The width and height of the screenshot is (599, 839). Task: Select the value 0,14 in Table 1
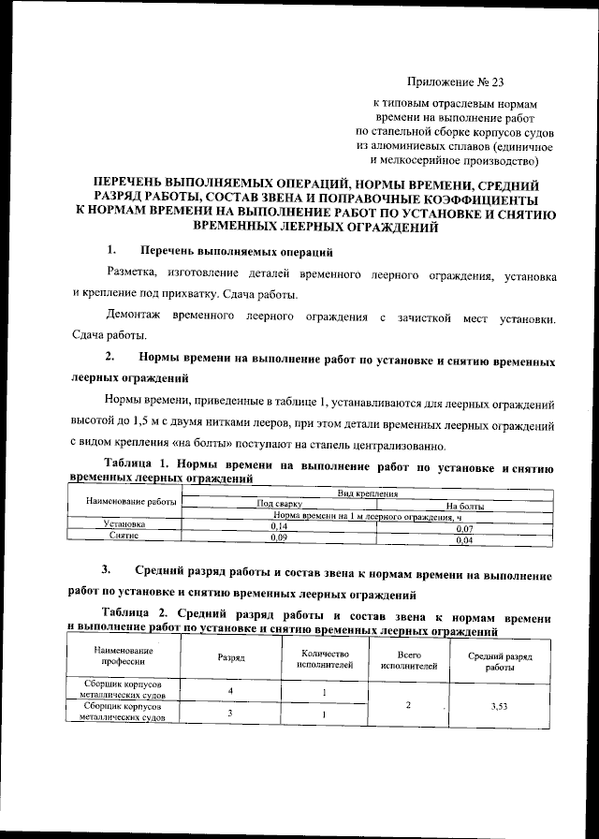pos(279,528)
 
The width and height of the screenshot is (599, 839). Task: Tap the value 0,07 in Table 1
pos(463,528)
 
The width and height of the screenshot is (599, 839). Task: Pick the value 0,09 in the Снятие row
pos(279,538)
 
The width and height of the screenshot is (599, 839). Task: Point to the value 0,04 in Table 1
pos(463,540)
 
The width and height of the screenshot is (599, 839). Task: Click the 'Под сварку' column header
pos(279,505)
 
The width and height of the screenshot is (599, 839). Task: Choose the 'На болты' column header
pos(463,506)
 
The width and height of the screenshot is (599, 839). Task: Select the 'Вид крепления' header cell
pos(369,493)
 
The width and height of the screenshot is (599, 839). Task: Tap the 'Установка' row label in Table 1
pos(124,526)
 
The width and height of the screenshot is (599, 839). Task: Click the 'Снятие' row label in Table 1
pos(124,537)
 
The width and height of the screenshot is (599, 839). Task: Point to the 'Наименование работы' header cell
pos(131,503)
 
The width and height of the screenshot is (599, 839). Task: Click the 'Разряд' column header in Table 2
pos(231,658)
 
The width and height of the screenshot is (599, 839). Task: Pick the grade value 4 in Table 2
pos(230,691)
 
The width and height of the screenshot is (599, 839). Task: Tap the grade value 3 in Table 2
pos(230,714)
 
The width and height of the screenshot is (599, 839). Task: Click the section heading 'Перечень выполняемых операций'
pos(236,251)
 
